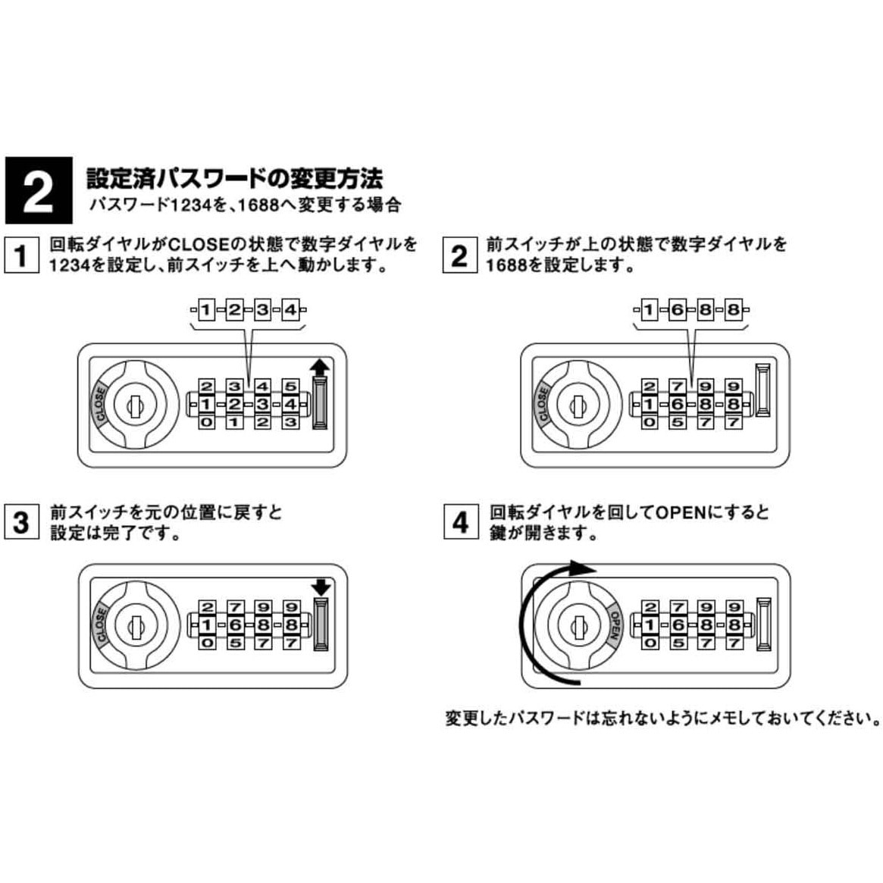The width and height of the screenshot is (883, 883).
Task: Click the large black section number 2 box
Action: click(38, 190)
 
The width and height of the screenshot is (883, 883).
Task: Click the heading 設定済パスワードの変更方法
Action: click(234, 178)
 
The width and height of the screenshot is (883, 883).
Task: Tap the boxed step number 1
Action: click(20, 255)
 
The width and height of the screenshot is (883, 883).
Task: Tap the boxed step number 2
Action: click(459, 255)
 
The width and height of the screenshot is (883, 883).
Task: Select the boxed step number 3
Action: click(20, 522)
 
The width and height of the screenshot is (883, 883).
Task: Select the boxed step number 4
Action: click(460, 522)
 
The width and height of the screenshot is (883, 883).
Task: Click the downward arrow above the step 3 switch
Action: click(321, 587)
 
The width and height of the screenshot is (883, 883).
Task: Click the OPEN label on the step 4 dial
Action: click(615, 627)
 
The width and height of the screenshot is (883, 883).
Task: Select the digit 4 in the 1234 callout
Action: click(290, 310)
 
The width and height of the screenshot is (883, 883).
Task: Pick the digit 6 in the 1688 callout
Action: click(677, 310)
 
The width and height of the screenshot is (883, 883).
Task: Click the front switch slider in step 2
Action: click(762, 390)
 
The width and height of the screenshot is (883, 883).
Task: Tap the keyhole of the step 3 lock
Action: click(136, 626)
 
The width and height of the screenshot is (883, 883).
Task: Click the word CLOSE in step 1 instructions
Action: click(198, 245)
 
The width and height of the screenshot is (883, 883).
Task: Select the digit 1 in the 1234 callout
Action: click(205, 310)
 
